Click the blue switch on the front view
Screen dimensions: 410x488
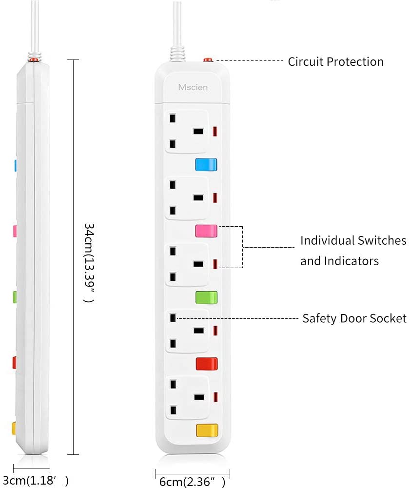pyautogui.click(x=206, y=165)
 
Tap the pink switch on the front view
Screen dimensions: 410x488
pyautogui.click(x=206, y=231)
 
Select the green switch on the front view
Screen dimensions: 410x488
pyautogui.click(x=206, y=297)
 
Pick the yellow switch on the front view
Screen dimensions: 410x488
pyautogui.click(x=207, y=430)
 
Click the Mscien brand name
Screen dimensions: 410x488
pyautogui.click(x=193, y=87)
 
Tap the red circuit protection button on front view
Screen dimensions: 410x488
pyautogui.click(x=208, y=60)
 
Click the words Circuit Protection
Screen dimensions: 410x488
pyautogui.click(x=335, y=61)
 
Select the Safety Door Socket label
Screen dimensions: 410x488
pyautogui.click(x=354, y=318)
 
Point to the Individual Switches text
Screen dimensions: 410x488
pyautogui.click(x=353, y=240)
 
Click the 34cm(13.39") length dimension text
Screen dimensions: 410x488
pyautogui.click(x=89, y=263)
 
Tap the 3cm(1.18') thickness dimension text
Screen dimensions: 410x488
pyautogui.click(x=36, y=481)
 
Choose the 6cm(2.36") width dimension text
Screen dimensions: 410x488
pyautogui.click(x=192, y=482)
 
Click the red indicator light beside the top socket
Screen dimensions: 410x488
pyautogui.click(x=215, y=131)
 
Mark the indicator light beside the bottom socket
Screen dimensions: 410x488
pyautogui.click(x=215, y=397)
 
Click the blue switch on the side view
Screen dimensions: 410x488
pyautogui.click(x=15, y=166)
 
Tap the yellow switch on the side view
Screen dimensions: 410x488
pyautogui.click(x=14, y=428)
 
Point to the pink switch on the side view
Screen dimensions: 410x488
pyautogui.click(x=15, y=231)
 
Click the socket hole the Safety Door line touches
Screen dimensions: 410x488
pyautogui.click(x=173, y=318)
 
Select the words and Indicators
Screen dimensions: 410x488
pyautogui.click(x=340, y=261)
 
